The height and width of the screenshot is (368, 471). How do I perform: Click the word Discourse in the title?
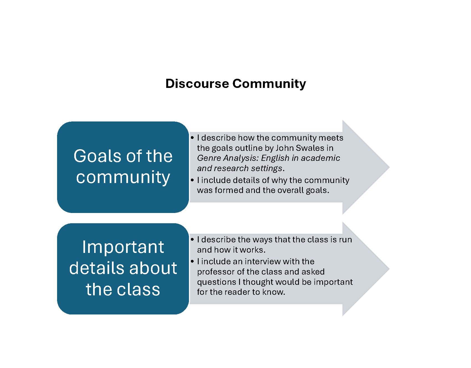point(197,83)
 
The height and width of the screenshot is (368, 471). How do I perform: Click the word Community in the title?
point(269,84)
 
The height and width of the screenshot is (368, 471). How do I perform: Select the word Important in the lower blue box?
point(123,247)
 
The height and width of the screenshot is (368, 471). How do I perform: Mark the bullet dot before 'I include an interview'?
point(193,262)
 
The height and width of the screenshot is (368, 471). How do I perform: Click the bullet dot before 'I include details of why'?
point(193,180)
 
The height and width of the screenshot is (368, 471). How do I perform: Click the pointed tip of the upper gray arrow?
point(390,167)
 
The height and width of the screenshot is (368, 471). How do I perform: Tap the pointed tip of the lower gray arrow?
point(390,269)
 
